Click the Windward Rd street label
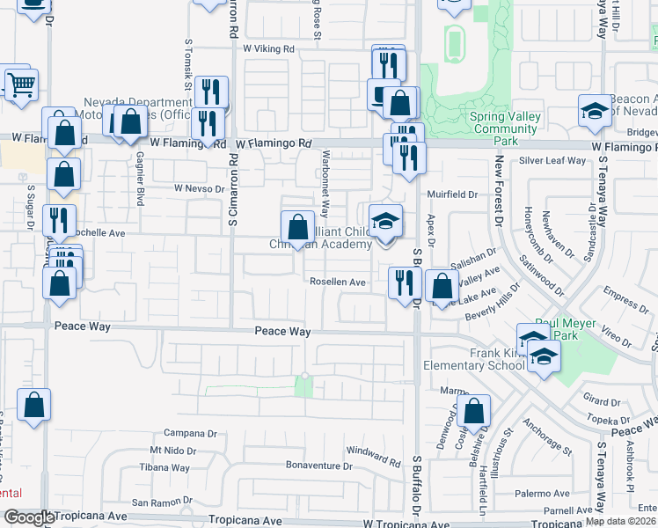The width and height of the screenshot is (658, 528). point(374,456)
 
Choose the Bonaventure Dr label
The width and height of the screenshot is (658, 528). point(318,465)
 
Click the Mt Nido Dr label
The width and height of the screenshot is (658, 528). point(172,451)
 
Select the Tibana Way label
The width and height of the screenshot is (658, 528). point(170,467)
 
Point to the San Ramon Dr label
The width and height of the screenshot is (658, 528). point(162,502)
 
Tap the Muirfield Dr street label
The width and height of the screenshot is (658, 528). point(452,194)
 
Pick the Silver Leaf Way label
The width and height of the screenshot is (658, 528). point(552,161)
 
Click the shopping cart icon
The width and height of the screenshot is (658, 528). point(21,84)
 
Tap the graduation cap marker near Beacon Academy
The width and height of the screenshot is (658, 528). point(595,112)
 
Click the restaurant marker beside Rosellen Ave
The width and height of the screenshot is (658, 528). point(402,282)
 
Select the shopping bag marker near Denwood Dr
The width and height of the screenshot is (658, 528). point(473,410)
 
